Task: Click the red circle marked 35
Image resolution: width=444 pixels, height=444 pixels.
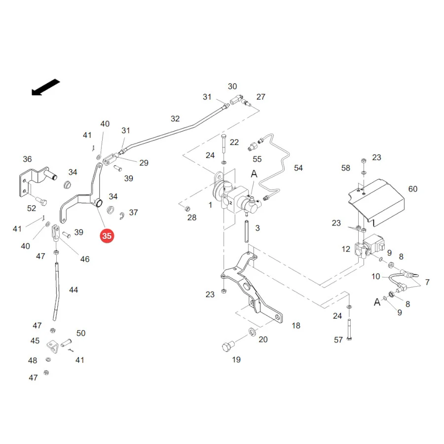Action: point(107,236)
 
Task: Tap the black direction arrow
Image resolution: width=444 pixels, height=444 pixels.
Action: point(45,87)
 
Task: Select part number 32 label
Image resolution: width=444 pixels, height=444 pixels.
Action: point(175,118)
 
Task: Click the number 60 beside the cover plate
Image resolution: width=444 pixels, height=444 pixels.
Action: point(412,189)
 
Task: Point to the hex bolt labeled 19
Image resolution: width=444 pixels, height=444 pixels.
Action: point(228,346)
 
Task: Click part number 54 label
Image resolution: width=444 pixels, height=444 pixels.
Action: point(298,168)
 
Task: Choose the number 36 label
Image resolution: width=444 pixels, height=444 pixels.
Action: point(27,159)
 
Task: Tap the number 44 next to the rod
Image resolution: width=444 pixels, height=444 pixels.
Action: point(74,290)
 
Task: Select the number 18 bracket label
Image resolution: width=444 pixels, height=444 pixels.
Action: point(296,326)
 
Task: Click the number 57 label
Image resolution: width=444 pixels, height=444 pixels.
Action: point(338,340)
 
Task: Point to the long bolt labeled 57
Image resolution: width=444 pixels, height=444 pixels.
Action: point(349,330)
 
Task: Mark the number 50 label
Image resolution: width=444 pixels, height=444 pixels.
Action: point(81,333)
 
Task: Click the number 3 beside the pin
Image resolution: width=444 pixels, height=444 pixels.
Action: point(258,228)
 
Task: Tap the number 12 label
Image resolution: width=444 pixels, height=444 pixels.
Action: point(346,249)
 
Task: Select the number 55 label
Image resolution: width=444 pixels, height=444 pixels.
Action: point(257,159)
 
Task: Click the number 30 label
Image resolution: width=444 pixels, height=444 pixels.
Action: point(232,86)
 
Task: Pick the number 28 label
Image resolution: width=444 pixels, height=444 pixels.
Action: point(192,218)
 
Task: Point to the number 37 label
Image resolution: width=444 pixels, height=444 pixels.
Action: point(133,212)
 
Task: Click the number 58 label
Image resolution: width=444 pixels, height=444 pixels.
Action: point(345,168)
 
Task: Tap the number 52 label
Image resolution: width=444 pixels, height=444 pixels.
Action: point(32,208)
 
